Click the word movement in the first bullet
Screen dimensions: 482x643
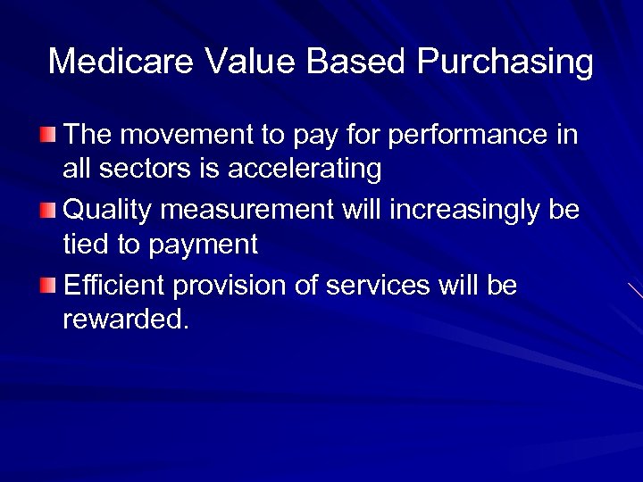tap(191, 136)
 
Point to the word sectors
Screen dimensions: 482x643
tap(138, 168)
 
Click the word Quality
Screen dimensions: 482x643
tap(108, 212)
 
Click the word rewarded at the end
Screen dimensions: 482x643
tap(125, 320)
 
